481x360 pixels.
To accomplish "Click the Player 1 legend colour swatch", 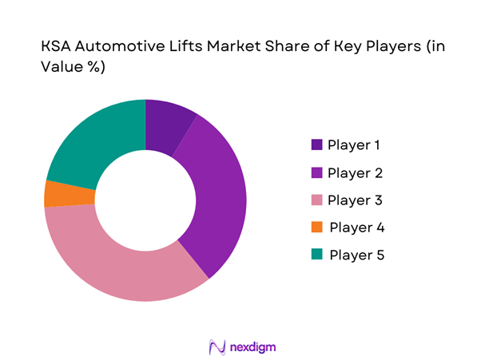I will (316, 145).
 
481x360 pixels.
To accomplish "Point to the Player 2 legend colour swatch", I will (316, 172).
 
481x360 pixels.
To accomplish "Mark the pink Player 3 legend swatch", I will (316, 200).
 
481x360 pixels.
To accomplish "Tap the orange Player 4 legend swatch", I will (316, 227).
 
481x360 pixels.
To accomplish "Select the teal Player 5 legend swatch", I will (316, 255).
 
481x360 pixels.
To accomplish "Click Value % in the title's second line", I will (72, 67).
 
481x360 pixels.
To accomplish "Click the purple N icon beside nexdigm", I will (215, 347).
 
